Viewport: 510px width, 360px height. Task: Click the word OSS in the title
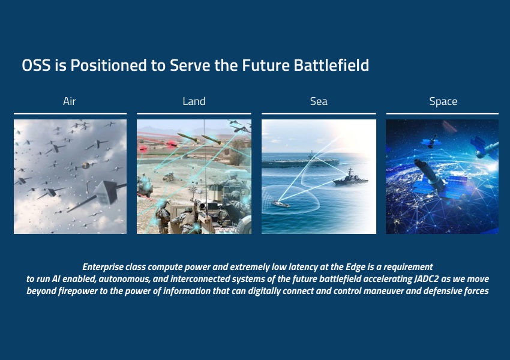(36, 65)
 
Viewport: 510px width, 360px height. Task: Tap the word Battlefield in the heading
(331, 65)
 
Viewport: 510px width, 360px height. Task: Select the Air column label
(69, 101)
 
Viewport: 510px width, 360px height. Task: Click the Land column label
(194, 101)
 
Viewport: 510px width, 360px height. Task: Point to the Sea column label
(319, 101)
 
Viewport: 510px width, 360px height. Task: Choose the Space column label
(443, 101)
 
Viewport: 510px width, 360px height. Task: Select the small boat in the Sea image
(281, 203)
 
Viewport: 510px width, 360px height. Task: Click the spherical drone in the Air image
(85, 166)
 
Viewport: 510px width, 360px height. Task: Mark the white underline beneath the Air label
(70, 113)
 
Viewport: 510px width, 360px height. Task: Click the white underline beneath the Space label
(442, 113)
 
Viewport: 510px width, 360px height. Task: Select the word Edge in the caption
(356, 268)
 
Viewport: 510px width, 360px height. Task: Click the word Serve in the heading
(190, 65)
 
